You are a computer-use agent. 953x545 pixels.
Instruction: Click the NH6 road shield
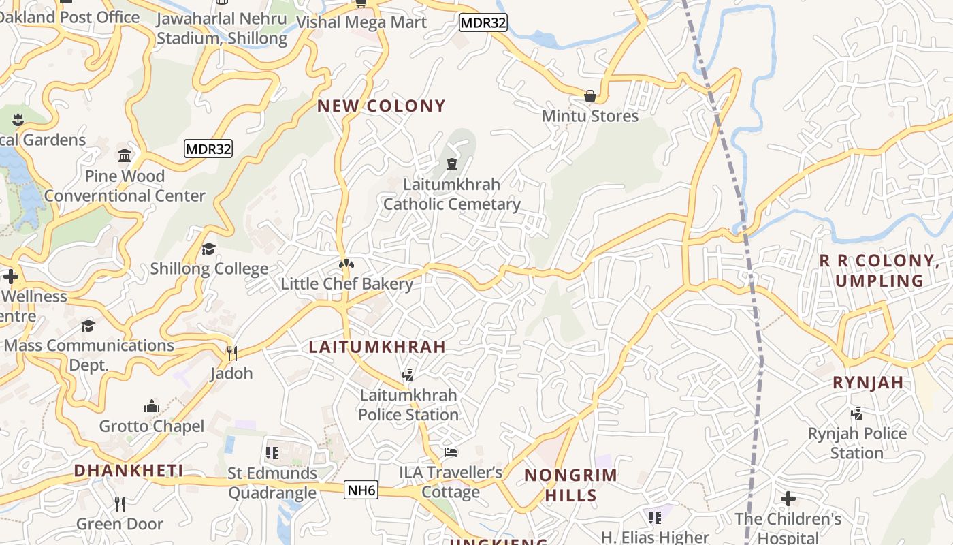point(361,490)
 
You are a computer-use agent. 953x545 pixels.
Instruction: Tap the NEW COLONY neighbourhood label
point(381,106)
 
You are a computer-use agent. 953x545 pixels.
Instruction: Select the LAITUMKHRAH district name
point(377,347)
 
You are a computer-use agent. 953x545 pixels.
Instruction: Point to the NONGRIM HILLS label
point(570,485)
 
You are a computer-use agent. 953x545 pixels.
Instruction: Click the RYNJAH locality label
point(868,383)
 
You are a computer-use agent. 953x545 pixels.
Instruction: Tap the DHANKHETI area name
point(129,471)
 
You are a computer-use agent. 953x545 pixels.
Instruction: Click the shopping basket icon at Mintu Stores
point(590,96)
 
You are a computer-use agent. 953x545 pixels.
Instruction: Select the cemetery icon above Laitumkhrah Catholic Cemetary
point(451,164)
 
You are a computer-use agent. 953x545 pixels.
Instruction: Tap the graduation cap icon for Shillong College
point(209,249)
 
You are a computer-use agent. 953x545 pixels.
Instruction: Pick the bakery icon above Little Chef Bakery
point(346,264)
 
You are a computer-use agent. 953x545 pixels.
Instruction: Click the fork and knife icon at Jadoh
point(231,353)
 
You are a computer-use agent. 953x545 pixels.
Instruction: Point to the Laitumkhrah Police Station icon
point(408,375)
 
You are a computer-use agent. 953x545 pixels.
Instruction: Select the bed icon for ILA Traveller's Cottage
point(451,452)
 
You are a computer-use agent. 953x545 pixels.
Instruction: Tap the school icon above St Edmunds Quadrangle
point(272,453)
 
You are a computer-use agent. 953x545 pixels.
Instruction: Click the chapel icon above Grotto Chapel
point(151,407)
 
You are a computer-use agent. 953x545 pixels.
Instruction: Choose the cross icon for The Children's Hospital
point(788,499)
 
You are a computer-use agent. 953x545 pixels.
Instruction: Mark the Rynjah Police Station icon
point(857,413)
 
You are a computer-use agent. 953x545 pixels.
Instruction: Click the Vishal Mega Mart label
point(361,22)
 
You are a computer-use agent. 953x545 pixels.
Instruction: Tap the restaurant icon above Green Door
point(120,504)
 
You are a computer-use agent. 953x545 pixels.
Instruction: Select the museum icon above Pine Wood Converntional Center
point(125,157)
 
